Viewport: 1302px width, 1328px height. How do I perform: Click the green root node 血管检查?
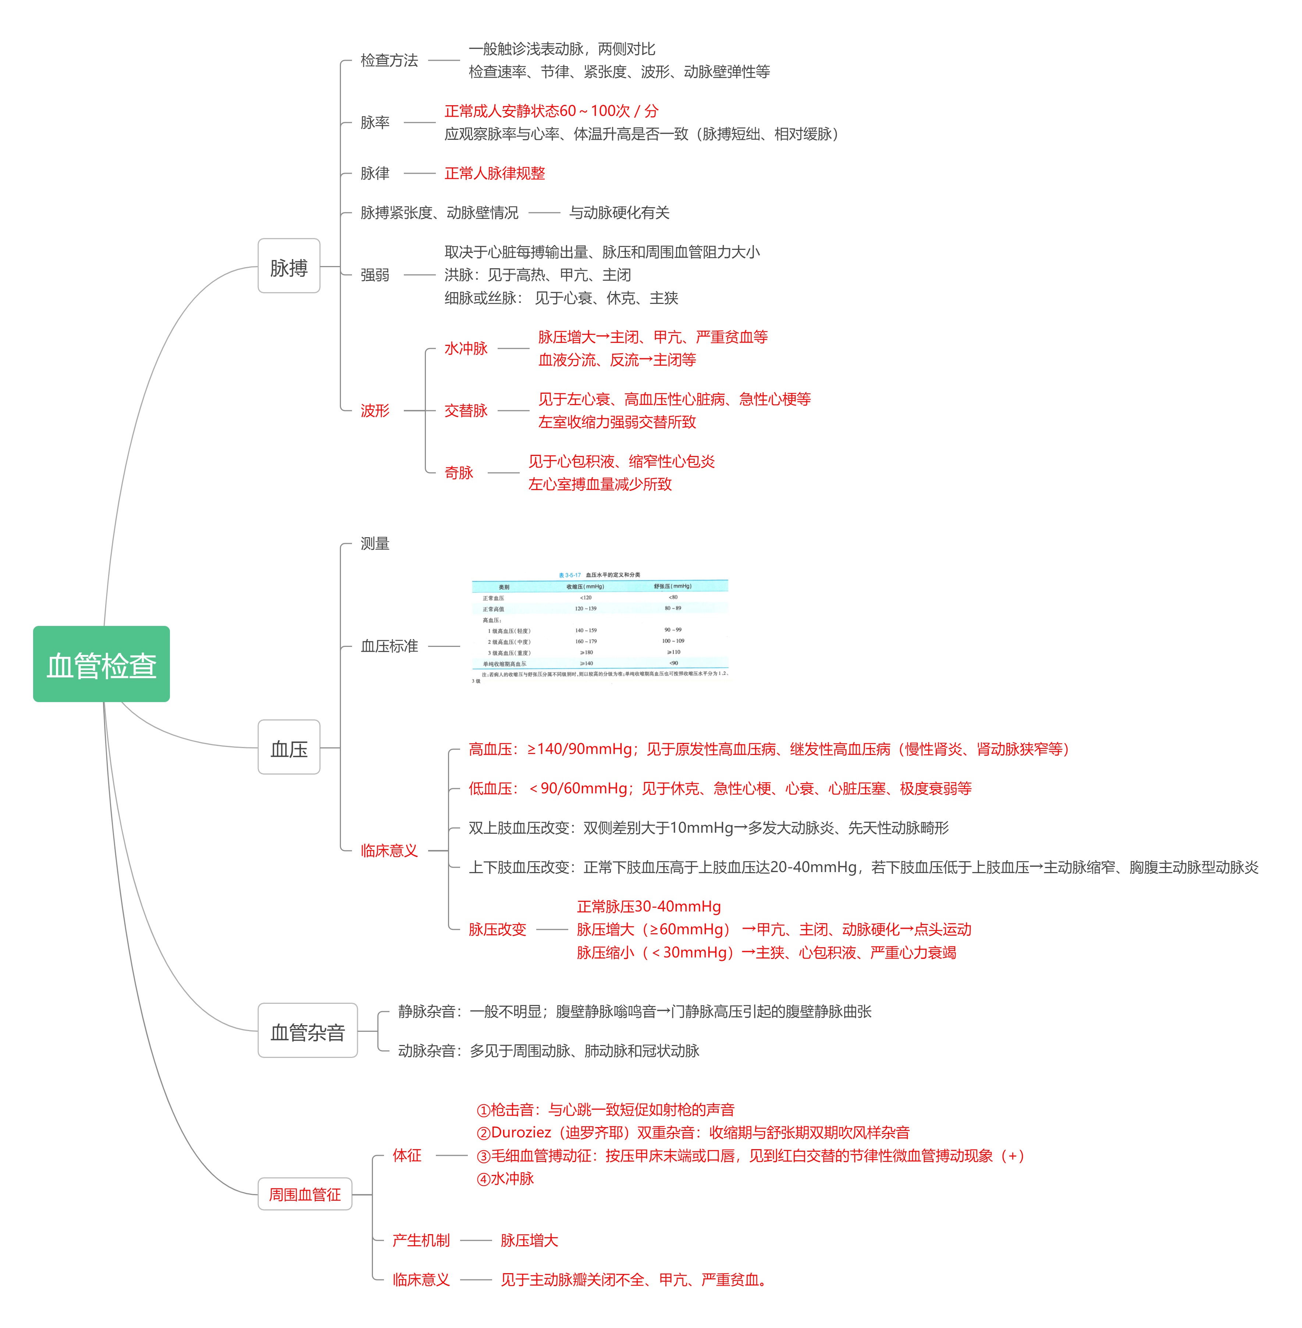101,664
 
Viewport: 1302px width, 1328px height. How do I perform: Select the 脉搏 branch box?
289,266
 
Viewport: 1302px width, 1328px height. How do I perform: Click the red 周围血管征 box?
304,1194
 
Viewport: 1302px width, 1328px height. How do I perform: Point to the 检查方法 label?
389,60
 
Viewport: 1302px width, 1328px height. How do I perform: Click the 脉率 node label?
375,123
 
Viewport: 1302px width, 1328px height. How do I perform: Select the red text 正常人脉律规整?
494,173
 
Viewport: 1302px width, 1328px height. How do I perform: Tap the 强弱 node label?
375,275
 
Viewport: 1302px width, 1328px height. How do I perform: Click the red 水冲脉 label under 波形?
466,348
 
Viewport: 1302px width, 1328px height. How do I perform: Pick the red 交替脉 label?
466,411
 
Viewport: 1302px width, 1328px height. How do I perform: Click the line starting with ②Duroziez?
693,1132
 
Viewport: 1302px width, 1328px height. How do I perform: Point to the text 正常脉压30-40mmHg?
648,907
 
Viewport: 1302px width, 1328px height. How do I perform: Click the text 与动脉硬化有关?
619,213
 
